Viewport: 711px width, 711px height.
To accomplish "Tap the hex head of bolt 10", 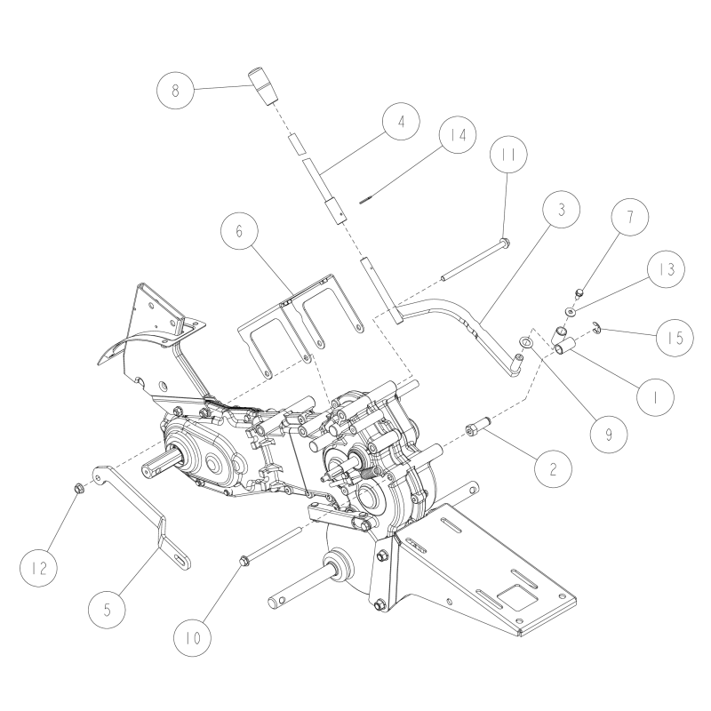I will (244, 560).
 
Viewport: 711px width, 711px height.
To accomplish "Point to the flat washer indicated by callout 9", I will (526, 342).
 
